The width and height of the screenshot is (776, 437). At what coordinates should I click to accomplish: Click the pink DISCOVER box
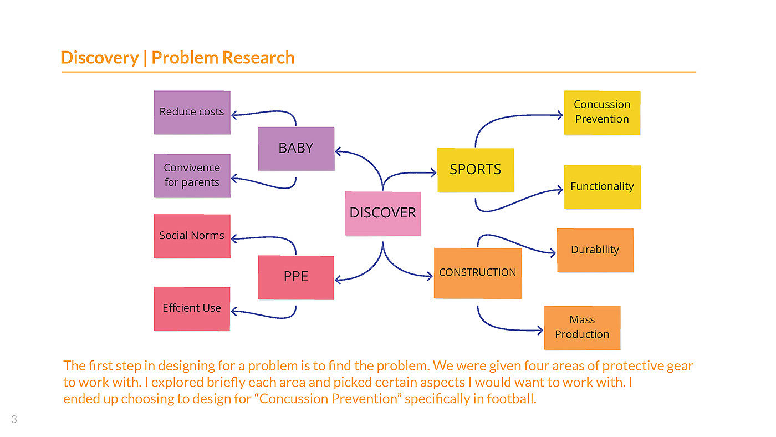(382, 214)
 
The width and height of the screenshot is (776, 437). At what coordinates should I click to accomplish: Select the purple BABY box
(296, 149)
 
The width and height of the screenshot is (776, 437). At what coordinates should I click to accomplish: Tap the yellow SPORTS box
(476, 170)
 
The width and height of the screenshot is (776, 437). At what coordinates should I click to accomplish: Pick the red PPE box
(296, 277)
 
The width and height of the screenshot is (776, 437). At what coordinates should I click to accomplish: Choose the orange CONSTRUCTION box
(477, 273)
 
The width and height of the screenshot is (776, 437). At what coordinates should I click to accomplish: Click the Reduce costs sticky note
(192, 112)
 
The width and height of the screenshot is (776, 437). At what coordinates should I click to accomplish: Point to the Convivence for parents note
(192, 175)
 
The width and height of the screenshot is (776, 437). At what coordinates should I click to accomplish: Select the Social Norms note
(192, 236)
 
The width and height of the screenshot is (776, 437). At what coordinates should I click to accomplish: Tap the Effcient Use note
(192, 308)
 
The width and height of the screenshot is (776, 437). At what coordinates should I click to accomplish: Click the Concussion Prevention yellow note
(602, 112)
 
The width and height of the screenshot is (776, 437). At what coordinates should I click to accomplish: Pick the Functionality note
(602, 187)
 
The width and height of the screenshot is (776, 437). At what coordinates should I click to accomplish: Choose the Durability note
(595, 250)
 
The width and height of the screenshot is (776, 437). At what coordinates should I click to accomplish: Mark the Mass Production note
(582, 327)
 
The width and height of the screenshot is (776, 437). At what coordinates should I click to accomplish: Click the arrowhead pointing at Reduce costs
(233, 115)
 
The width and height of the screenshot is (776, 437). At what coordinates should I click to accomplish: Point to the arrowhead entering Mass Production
(540, 331)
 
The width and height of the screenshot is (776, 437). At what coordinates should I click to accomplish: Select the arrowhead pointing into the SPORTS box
(434, 172)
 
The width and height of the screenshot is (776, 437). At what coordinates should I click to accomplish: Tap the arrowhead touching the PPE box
(338, 280)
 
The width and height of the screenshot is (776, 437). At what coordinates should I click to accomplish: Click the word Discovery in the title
(99, 58)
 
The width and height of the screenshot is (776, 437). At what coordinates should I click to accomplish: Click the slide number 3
(14, 420)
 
